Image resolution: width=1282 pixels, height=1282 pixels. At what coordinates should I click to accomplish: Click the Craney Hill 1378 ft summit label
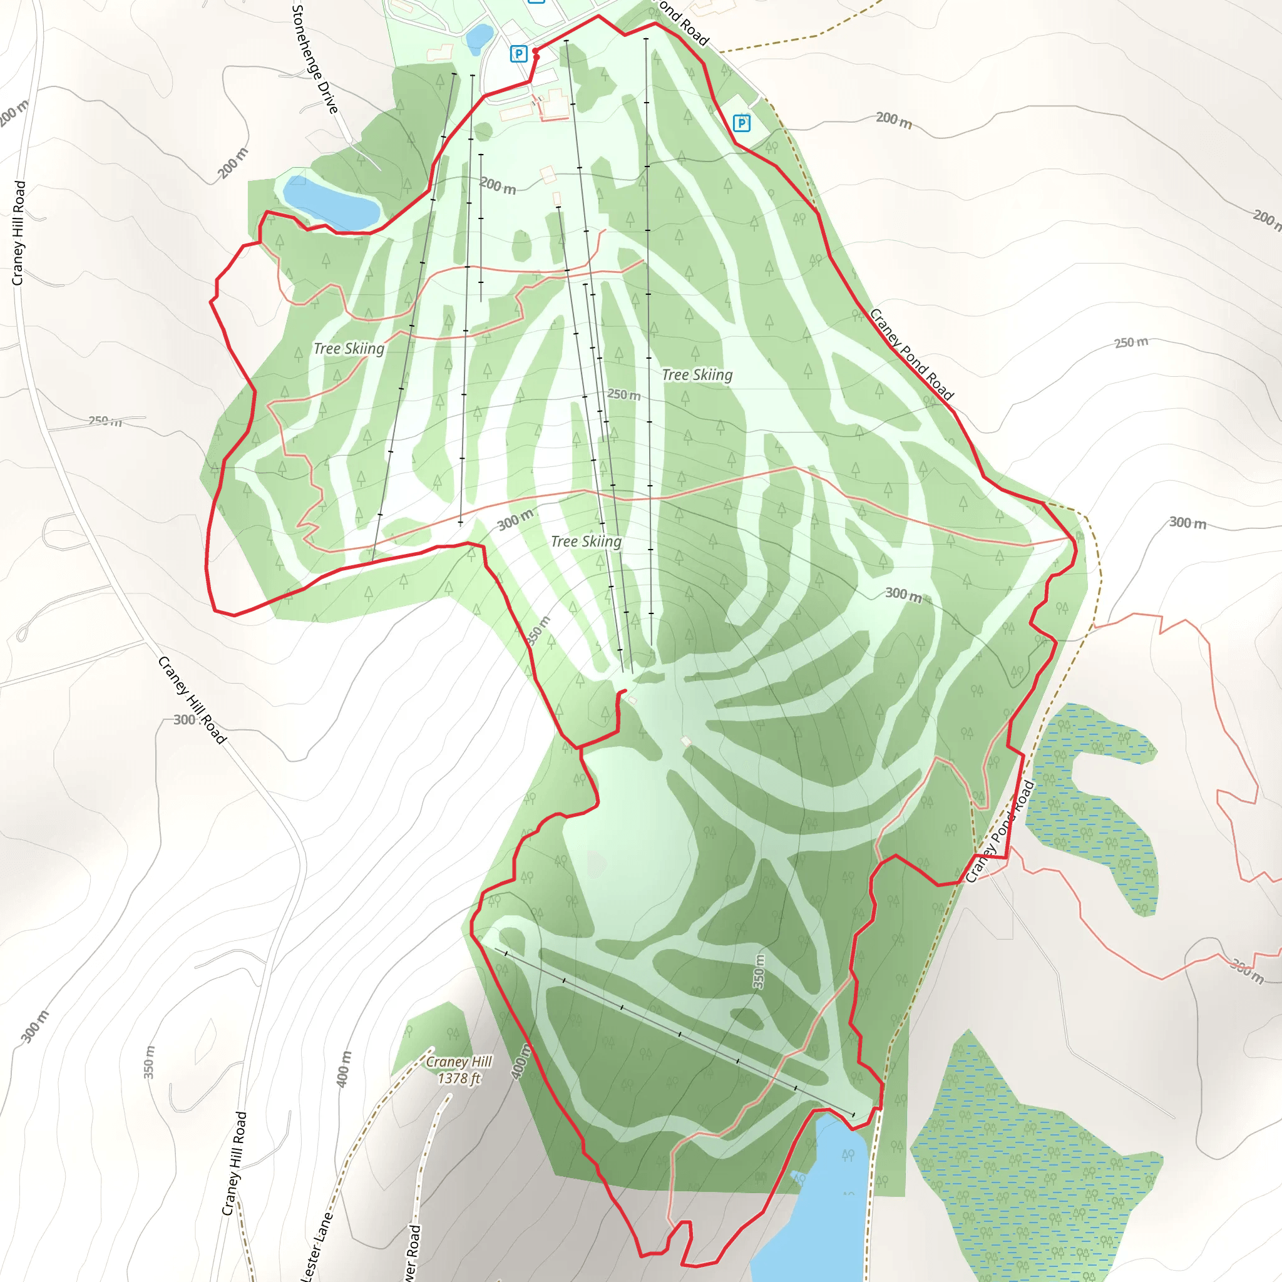[x=459, y=1070]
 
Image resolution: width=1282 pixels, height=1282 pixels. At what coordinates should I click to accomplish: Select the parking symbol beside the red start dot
[x=518, y=54]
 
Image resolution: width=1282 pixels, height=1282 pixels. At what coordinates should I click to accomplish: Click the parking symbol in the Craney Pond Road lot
[x=741, y=123]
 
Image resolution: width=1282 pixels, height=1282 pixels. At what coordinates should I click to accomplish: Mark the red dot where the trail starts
[x=535, y=52]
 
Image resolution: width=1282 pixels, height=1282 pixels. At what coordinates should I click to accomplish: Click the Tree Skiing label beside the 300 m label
[x=586, y=542]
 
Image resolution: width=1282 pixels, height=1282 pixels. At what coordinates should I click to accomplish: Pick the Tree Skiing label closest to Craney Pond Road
[x=697, y=376]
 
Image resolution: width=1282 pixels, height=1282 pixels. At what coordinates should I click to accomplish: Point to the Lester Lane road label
[x=317, y=1248]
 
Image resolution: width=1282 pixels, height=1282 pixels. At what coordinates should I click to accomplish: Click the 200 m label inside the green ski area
[x=498, y=185]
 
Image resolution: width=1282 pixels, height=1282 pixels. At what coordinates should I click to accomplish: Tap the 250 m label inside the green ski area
[x=623, y=395]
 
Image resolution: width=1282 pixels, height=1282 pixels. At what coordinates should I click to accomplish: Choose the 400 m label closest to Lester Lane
[x=344, y=1069]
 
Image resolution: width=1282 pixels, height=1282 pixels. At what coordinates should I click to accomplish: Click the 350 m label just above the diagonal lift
[x=759, y=972]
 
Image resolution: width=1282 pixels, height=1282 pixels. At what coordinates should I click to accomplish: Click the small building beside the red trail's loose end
[x=632, y=700]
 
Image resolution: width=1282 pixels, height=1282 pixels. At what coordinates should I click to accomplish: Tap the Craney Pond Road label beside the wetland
[x=999, y=832]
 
